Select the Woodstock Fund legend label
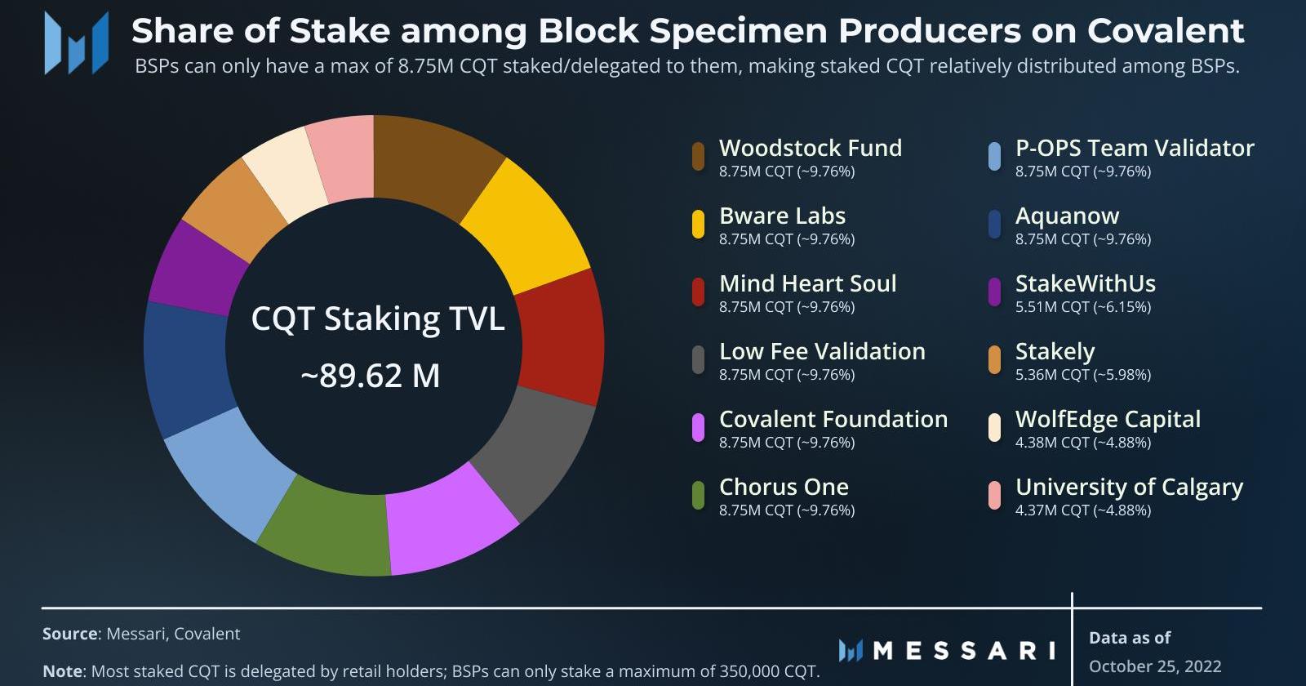810,148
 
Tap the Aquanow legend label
1067,216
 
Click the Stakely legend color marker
994,359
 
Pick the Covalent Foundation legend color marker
698,427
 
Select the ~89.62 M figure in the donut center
371,376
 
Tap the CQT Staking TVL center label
377,318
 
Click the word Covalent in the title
1166,31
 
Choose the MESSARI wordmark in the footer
964,650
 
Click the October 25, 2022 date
1155,666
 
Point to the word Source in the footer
69,634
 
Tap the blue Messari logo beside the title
76,43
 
